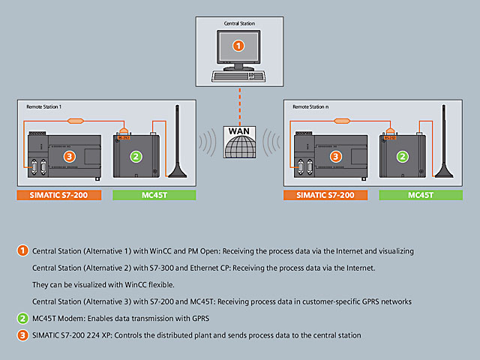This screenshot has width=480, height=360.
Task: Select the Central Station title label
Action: point(239,24)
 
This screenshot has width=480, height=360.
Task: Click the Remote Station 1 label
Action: point(43,107)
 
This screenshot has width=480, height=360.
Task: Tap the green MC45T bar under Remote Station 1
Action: point(154,195)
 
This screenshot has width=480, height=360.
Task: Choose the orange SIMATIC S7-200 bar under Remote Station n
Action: point(325,195)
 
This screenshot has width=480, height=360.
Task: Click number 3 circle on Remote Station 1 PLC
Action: point(70,157)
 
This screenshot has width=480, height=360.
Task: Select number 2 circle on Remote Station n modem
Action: point(403,157)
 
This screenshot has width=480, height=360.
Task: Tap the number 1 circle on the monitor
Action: point(238,46)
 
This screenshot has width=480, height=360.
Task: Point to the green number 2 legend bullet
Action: point(23,318)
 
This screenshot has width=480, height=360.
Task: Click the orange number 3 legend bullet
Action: point(23,334)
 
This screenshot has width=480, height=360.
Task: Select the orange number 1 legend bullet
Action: point(23,250)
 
